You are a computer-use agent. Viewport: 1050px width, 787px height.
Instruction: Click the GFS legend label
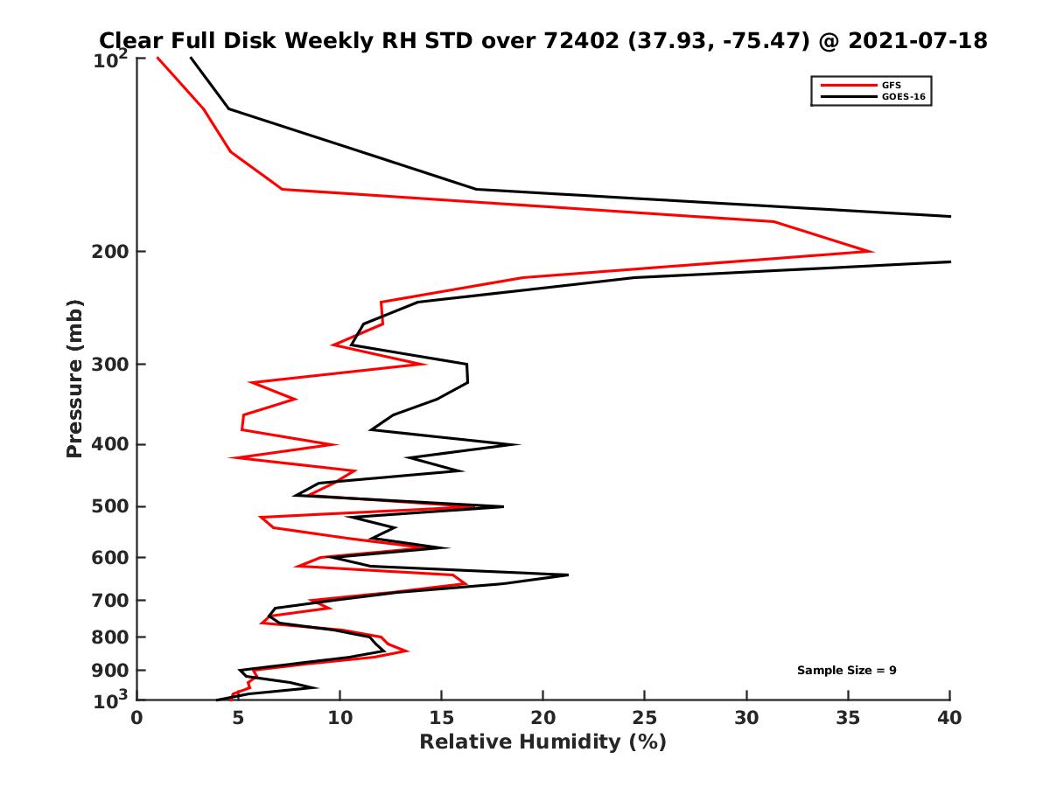[x=891, y=85]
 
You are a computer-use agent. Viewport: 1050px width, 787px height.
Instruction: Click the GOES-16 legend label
[x=902, y=97]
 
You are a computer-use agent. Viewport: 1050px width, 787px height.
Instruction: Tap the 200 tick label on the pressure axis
[x=110, y=252]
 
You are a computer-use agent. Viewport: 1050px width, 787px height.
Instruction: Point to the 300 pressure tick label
[x=110, y=364]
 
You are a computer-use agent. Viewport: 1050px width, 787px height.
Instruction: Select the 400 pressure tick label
[x=110, y=444]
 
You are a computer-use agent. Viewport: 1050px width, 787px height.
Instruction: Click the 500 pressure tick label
[x=110, y=506]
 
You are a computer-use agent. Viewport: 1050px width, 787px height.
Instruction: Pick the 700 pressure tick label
[x=110, y=600]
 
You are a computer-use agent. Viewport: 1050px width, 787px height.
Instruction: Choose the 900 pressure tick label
[x=110, y=671]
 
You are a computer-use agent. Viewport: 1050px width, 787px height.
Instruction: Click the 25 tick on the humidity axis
[x=645, y=719]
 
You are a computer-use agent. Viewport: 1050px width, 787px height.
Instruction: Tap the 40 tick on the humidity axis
[x=949, y=719]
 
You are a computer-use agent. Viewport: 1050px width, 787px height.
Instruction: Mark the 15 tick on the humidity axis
[x=442, y=719]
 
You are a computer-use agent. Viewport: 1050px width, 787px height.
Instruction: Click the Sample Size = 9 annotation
[x=846, y=671]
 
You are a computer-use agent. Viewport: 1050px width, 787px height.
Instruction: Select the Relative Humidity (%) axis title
[x=542, y=742]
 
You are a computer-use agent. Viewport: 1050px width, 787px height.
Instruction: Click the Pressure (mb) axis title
[x=74, y=379]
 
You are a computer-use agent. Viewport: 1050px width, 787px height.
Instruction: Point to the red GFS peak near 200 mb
[x=871, y=252]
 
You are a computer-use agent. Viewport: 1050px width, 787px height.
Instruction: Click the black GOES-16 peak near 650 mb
[x=567, y=575]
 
